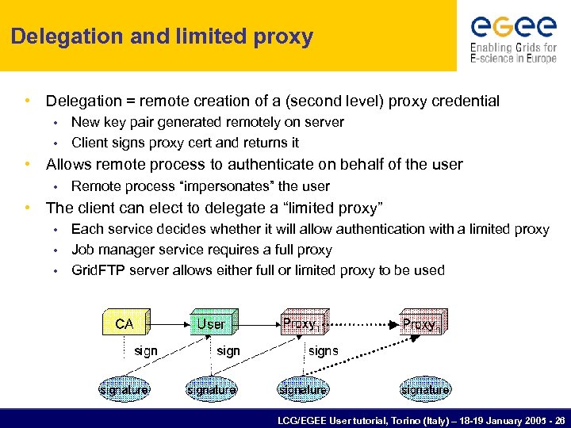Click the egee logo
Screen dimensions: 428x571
513,26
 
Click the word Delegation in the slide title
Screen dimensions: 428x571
57,36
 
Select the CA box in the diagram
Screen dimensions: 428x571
125,324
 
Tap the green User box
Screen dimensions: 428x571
211,323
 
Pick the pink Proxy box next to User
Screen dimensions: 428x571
301,323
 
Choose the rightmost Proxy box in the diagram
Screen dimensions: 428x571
421,323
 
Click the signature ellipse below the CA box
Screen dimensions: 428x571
124,389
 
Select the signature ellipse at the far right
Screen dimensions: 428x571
425,389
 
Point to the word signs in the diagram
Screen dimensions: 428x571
323,350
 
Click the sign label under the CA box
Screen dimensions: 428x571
146,350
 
